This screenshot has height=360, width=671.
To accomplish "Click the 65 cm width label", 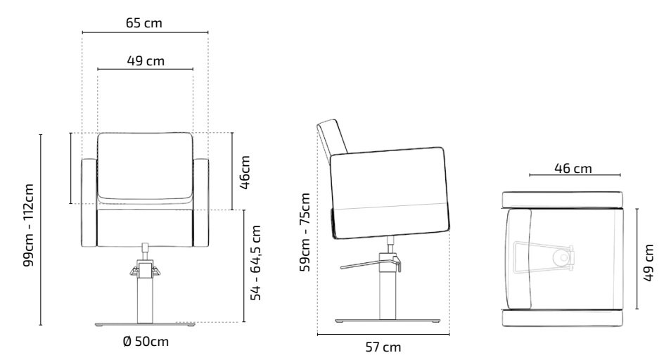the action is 144,22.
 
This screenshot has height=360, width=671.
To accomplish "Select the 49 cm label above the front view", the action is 146,60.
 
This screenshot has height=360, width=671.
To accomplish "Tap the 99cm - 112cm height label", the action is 28,225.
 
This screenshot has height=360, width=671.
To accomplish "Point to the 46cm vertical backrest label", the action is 245,172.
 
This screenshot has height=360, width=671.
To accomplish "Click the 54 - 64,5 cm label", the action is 255,263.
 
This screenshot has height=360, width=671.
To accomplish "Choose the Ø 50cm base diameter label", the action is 146,341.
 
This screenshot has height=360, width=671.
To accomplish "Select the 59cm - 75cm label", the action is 305,232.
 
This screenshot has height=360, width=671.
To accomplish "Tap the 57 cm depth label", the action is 383,347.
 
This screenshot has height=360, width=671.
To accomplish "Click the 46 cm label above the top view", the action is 573,169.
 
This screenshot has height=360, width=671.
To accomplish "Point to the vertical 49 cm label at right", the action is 648,262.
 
